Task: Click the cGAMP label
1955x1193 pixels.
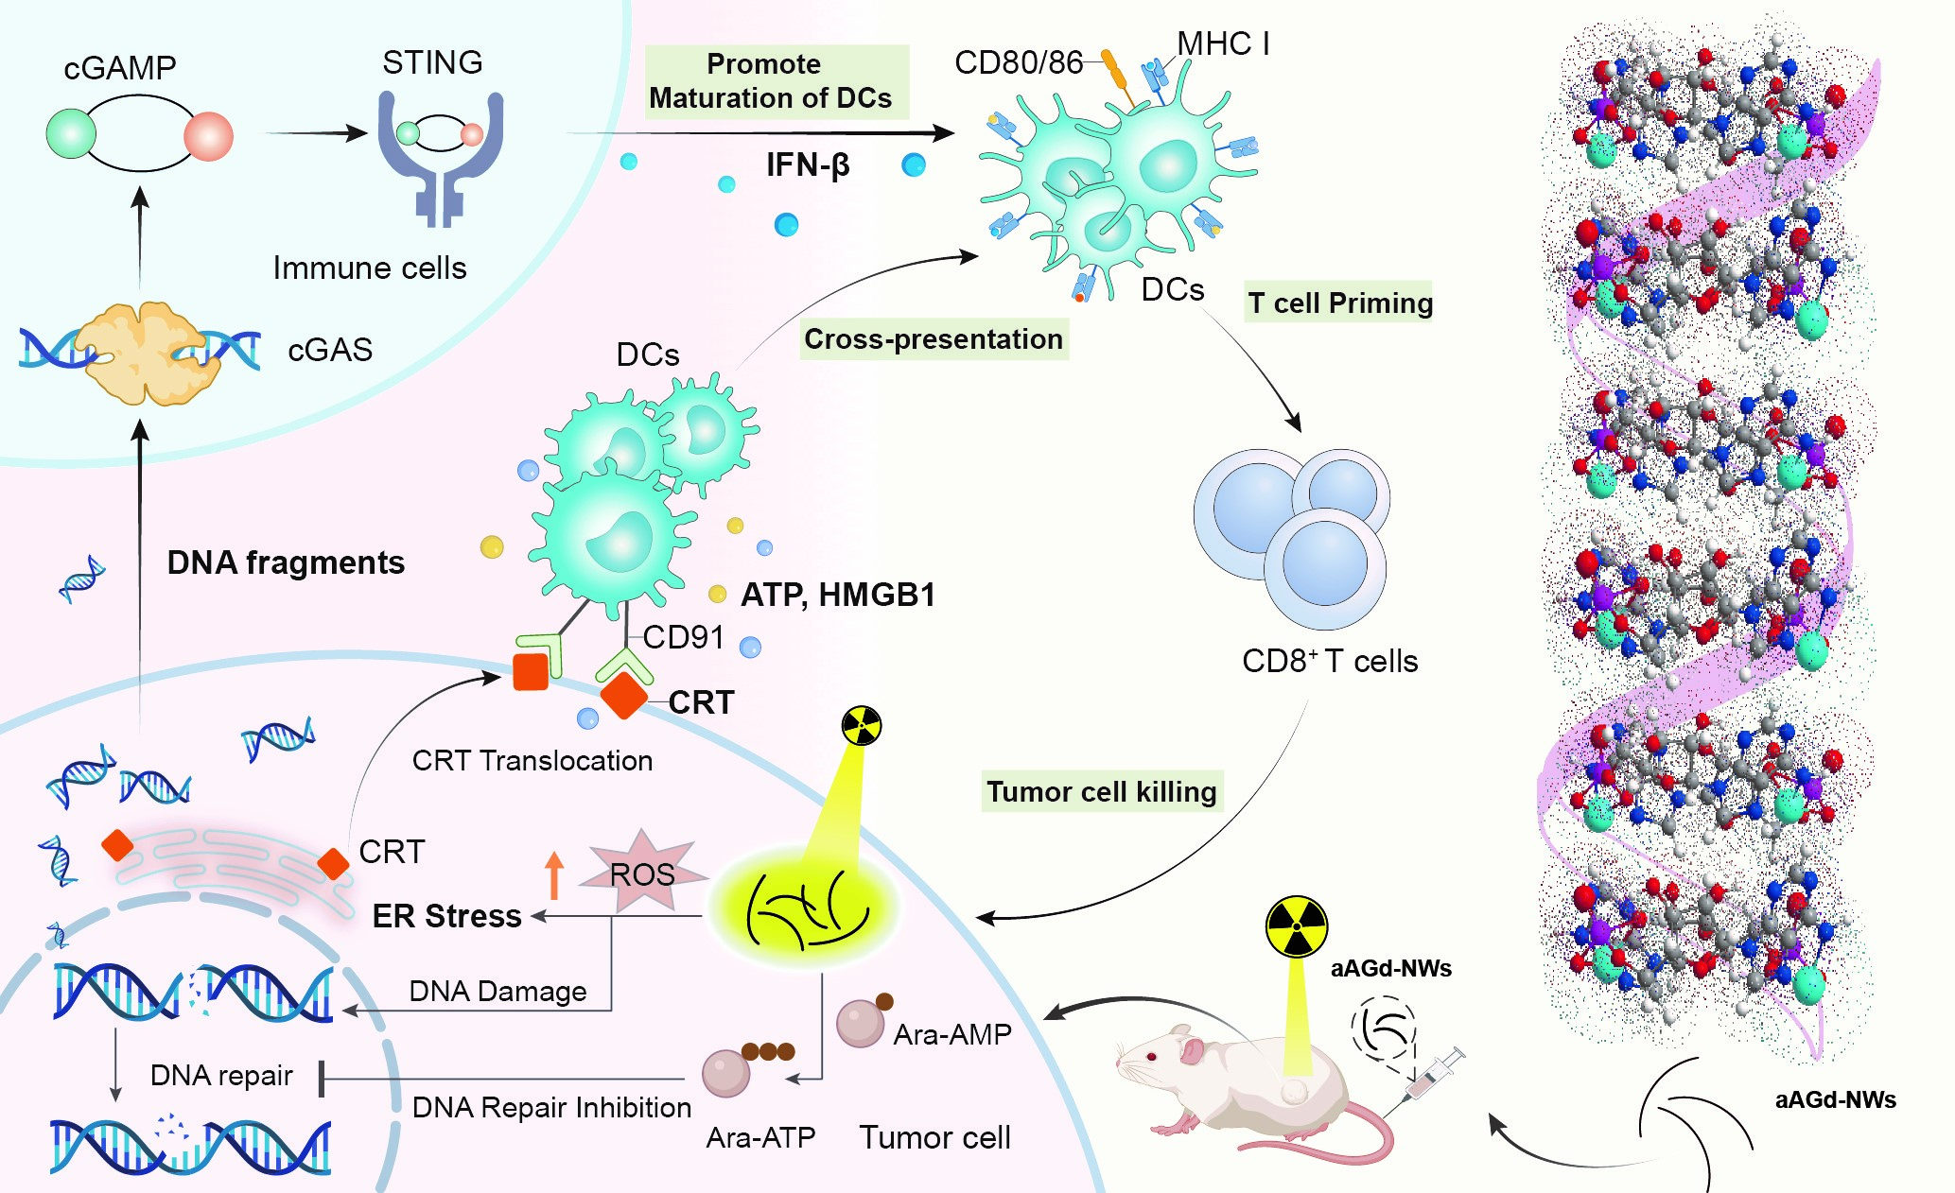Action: coord(120,68)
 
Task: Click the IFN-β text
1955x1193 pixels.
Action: coord(807,165)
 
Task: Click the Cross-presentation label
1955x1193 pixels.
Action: coord(934,339)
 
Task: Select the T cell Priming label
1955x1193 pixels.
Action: coord(1338,303)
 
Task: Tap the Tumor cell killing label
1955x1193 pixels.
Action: coord(1102,791)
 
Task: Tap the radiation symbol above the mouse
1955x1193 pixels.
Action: coord(1297,926)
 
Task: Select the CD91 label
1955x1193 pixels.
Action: coord(683,638)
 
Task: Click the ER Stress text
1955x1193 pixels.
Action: coord(446,916)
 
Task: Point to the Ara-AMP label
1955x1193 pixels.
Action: coord(952,1034)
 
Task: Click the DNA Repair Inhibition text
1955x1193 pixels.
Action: coord(551,1107)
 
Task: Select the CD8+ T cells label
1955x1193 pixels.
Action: coord(1330,661)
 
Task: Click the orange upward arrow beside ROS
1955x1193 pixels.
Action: coord(554,874)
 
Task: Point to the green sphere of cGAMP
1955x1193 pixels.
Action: coord(71,133)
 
